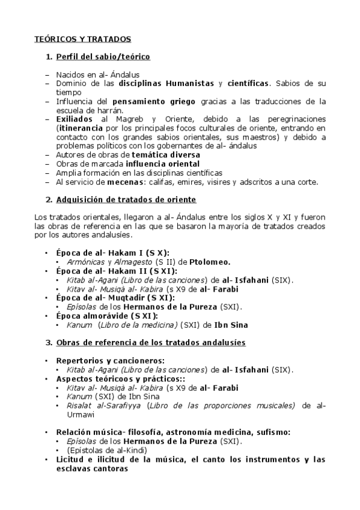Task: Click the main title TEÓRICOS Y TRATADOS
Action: coord(82,39)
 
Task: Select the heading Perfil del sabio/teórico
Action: coord(103,57)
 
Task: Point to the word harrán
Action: coord(107,110)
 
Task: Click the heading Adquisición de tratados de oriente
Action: coord(126,199)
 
